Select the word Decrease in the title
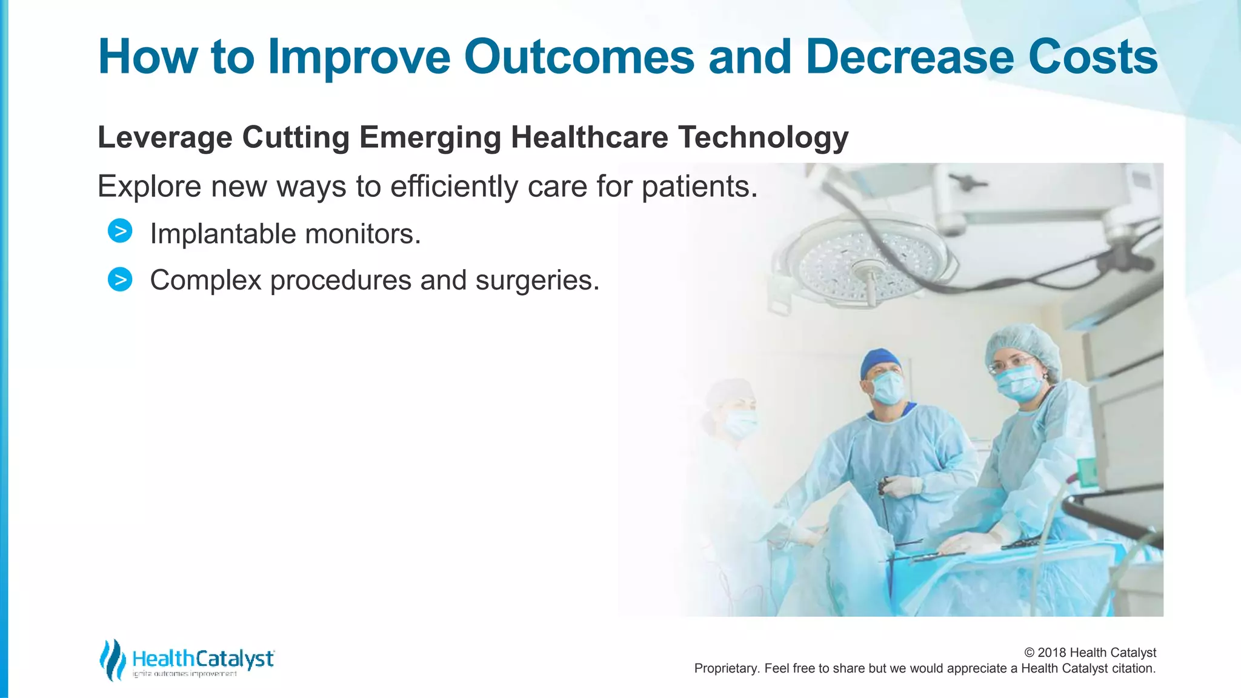point(909,57)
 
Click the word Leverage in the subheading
point(165,138)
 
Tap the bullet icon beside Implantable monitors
point(120,231)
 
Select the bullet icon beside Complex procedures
point(120,279)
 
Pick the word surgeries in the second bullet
point(536,280)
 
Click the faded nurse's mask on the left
point(740,423)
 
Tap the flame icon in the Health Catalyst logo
point(112,659)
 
